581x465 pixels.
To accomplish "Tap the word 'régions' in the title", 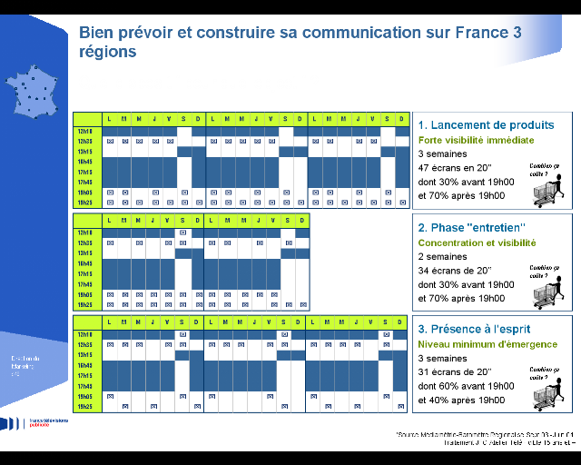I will click(x=108, y=53).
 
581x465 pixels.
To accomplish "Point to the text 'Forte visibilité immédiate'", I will click(x=476, y=141).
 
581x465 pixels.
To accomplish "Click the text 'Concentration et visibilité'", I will click(x=477, y=243).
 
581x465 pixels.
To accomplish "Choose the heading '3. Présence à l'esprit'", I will click(x=473, y=329).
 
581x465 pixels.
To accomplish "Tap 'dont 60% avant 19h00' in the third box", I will click(x=466, y=386).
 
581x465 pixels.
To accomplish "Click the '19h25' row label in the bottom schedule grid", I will click(x=86, y=407).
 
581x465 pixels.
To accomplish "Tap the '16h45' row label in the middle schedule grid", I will click(x=86, y=263).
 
